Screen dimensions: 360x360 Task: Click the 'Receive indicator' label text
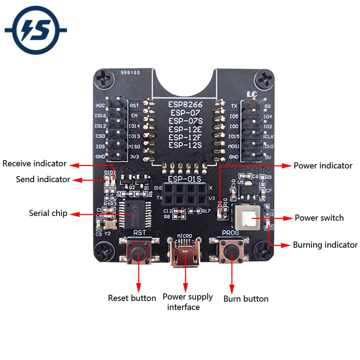(35, 164)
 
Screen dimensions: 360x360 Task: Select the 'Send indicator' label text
(43, 179)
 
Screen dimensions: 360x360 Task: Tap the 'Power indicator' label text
(323, 166)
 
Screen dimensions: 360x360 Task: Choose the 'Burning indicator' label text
(325, 245)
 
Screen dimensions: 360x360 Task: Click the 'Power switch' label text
(319, 218)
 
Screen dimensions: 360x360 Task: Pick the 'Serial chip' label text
(48, 213)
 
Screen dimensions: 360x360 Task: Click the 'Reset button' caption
(132, 298)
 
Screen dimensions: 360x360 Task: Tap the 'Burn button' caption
(246, 299)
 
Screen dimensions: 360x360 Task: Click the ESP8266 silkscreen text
(185, 105)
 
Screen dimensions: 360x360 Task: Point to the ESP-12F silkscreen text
(185, 137)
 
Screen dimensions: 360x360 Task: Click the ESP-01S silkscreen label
(184, 179)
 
